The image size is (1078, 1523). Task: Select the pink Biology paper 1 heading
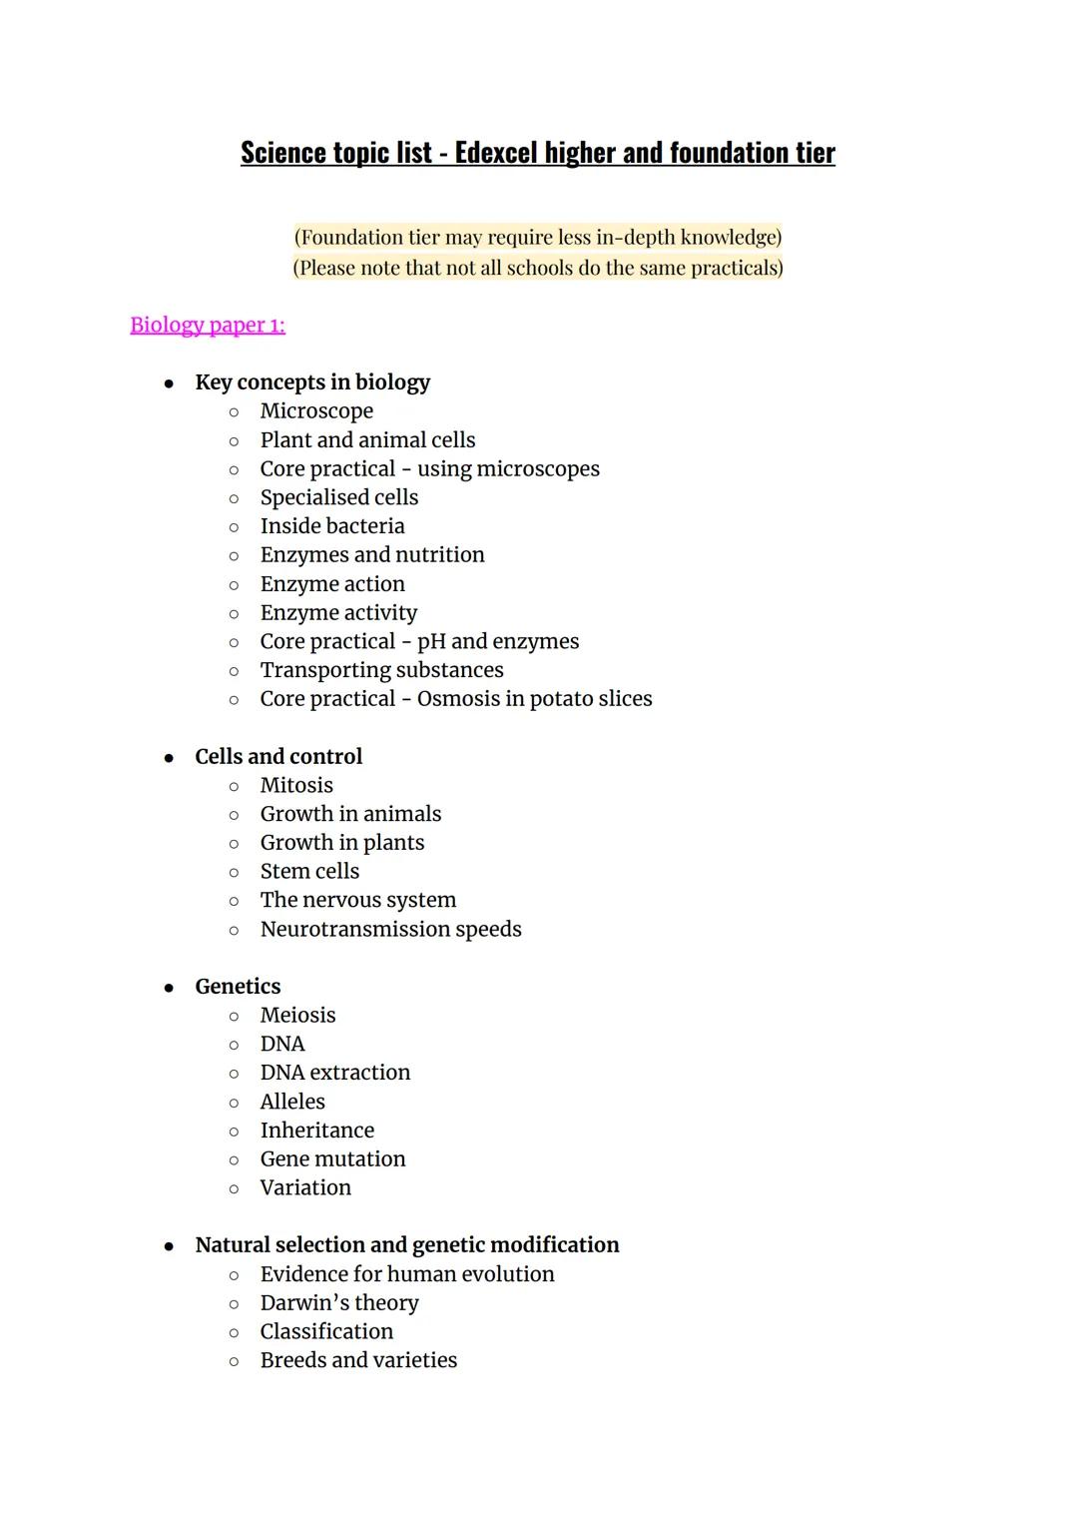208,326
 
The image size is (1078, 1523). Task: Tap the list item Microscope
316,411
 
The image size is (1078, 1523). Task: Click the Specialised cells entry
339,497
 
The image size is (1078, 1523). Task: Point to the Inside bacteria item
332,526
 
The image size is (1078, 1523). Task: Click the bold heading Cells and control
278,757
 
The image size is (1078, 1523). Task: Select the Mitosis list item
296,786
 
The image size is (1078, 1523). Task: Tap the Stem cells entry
309,872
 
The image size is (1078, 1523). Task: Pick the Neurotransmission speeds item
390,930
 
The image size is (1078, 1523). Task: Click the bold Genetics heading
238,987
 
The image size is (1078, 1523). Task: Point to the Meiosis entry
297,1016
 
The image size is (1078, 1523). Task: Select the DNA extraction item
335,1073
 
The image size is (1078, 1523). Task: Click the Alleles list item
292,1102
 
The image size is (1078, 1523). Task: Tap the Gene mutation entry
332,1159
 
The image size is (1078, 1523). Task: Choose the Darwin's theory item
339,1303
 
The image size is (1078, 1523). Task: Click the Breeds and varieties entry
358,1361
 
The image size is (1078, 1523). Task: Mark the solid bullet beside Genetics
170,988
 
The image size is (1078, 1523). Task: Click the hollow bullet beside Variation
234,1189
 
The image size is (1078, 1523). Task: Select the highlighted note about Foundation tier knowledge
538,238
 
